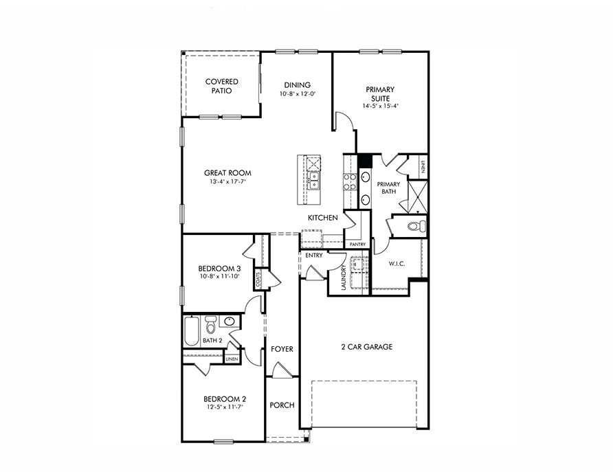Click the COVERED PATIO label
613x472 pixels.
(x=221, y=86)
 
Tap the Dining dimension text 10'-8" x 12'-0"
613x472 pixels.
(x=297, y=94)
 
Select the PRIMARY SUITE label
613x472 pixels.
(x=380, y=93)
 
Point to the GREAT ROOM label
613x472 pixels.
(x=227, y=173)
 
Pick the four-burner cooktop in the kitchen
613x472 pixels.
(x=349, y=181)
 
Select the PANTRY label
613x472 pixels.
(x=357, y=244)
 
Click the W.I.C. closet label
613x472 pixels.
(x=397, y=263)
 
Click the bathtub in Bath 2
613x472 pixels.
(x=191, y=332)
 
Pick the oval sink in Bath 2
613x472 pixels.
(x=230, y=321)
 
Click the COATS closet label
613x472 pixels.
(x=258, y=280)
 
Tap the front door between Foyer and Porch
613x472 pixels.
(x=282, y=370)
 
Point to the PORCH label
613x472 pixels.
(x=282, y=405)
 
